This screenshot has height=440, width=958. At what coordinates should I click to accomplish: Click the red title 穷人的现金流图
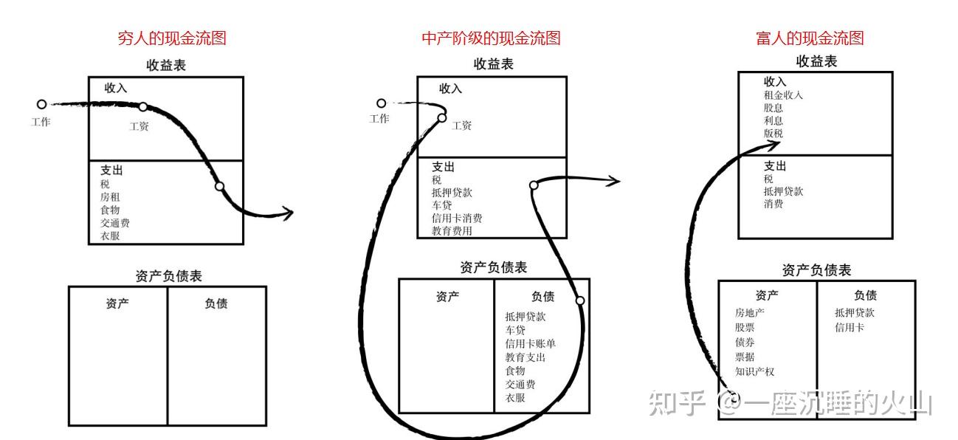coord(172,38)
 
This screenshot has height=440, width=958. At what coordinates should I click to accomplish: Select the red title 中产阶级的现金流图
coord(491,38)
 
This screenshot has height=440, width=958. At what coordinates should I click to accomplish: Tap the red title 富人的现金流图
coord(810,38)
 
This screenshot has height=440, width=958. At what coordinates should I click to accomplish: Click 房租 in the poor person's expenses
coord(110,197)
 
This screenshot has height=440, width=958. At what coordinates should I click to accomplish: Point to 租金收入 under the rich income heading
coord(783,94)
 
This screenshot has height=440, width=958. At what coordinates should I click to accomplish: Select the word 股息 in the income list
coord(773,108)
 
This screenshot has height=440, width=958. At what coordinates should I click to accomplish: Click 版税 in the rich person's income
coord(773,134)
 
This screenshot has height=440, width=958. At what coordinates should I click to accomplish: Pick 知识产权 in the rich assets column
coord(754,371)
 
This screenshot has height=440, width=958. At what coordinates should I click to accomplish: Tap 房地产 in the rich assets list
coord(749,312)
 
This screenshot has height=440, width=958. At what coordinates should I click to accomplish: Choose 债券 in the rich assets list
coord(745,342)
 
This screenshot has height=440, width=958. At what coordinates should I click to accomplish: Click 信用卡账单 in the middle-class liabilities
coord(530,343)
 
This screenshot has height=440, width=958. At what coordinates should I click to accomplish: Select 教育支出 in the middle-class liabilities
coord(525,357)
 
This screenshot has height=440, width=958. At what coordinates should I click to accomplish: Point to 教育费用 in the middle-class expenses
coord(452,230)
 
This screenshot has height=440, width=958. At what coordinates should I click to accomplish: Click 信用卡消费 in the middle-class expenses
coord(457,218)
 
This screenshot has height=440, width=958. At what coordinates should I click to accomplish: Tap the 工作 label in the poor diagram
coord(41,122)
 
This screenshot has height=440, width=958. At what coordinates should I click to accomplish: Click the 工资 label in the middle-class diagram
coord(462,126)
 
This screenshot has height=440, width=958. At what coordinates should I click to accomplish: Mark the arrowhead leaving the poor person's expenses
coord(286,214)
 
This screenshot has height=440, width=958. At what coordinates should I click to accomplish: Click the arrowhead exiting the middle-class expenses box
coord(613,180)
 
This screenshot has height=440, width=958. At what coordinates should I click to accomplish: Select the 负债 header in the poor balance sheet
coord(216,303)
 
